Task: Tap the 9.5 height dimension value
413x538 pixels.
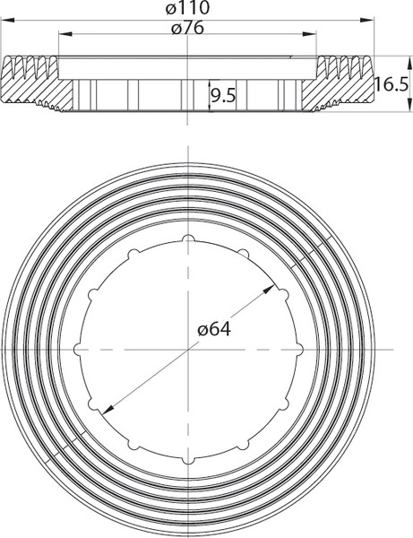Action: pyautogui.click(x=223, y=93)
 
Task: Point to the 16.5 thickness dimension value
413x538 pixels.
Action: pyautogui.click(x=391, y=84)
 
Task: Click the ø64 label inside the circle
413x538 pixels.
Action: pyautogui.click(x=214, y=329)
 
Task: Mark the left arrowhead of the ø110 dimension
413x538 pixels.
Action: pyautogui.click(x=7, y=17)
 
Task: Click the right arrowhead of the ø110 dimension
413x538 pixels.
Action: pyautogui.click(x=368, y=17)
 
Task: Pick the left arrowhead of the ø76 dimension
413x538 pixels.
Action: pyautogui.click(x=63, y=35)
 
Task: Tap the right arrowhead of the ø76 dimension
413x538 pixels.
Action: pyautogui.click(x=313, y=35)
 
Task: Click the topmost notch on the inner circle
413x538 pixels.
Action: pyautogui.click(x=188, y=238)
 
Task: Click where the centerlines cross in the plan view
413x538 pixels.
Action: pyautogui.click(x=188, y=349)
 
